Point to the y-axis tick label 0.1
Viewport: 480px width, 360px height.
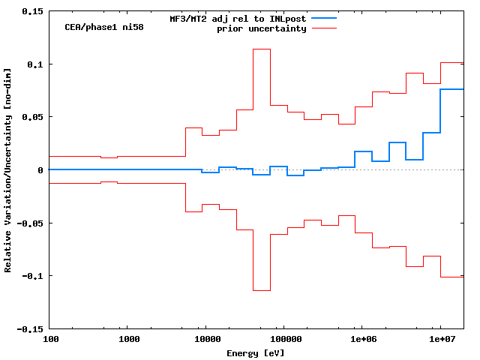[34, 64]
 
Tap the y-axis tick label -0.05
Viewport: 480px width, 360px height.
[29, 223]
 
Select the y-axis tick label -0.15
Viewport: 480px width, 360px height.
[29, 328]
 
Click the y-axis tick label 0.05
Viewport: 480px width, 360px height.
[31, 117]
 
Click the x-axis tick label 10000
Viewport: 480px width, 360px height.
[206, 339]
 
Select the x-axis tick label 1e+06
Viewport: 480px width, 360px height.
[362, 339]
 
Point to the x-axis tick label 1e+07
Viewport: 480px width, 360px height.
[440, 339]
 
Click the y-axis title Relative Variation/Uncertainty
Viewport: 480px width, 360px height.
[8, 169]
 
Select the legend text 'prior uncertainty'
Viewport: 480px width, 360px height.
[262, 28]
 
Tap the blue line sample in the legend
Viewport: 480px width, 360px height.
[323, 18]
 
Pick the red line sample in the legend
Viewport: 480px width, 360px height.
[323, 28]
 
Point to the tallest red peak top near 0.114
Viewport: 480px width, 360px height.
[262, 49]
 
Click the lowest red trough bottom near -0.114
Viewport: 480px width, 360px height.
[262, 290]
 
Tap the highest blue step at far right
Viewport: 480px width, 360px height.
[451, 89]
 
